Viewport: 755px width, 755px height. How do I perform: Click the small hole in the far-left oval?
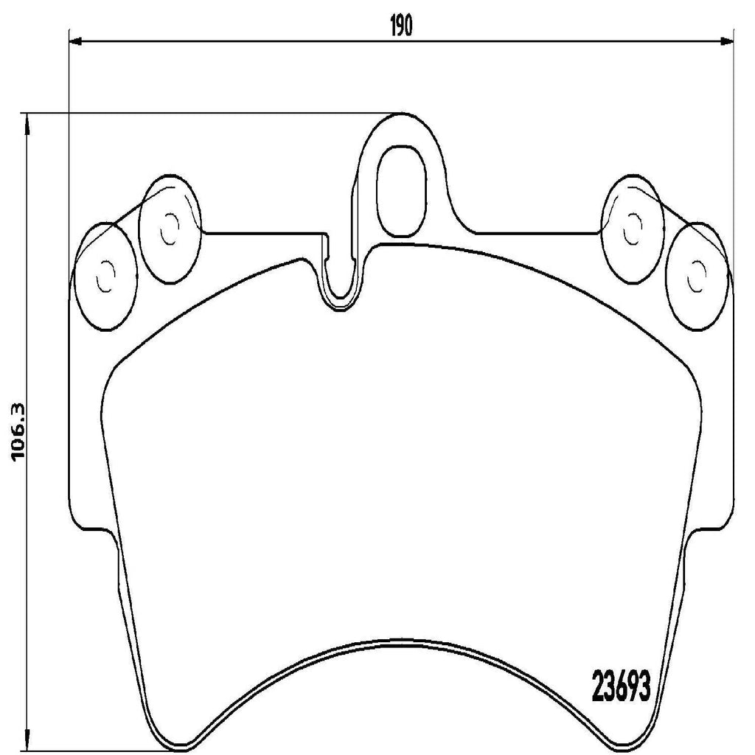[x=106, y=276]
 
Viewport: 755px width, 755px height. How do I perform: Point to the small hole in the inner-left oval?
[x=169, y=229]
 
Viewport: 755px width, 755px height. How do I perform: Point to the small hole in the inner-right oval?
[x=632, y=229]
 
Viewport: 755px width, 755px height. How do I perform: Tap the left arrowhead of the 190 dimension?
[x=74, y=41]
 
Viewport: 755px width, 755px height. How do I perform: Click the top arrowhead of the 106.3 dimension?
[x=27, y=119]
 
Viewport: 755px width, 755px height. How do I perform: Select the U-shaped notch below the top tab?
[x=341, y=284]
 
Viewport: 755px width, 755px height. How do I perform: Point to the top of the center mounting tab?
[x=403, y=115]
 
